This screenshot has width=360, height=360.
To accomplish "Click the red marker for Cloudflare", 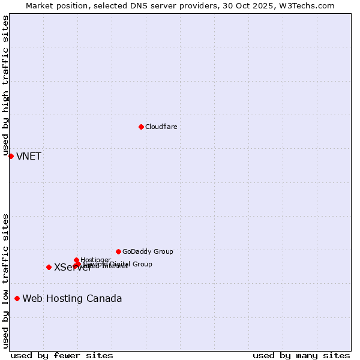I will (141, 127).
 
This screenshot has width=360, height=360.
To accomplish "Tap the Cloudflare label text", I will (161, 127).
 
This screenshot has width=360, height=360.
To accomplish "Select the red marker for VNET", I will (11, 156).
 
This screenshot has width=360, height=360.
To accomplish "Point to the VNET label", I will (29, 157).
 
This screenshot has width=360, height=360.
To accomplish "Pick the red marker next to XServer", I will (49, 267).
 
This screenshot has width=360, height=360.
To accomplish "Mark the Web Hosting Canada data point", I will (17, 298).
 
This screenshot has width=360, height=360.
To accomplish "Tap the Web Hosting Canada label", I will (72, 299).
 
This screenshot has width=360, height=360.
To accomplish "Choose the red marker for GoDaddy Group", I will (118, 251).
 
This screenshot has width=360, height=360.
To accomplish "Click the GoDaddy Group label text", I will (148, 251).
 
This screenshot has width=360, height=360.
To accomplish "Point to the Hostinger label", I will (96, 260).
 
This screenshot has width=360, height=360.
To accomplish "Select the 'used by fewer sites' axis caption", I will (62, 355).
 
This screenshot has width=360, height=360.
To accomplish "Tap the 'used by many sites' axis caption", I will (301, 355).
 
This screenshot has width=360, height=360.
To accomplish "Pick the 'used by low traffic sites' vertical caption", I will (5, 280).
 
